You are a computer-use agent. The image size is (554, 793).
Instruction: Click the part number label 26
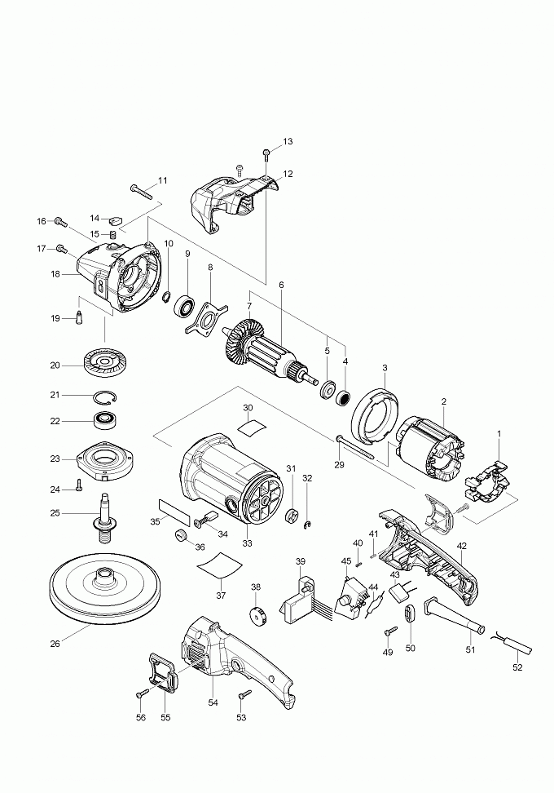[x=55, y=644]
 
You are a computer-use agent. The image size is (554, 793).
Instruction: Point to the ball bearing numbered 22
[x=103, y=422]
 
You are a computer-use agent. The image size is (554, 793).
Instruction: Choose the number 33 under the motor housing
[x=247, y=543]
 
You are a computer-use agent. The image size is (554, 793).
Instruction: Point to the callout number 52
[x=517, y=667]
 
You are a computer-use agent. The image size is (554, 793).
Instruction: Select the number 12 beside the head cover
[x=287, y=174]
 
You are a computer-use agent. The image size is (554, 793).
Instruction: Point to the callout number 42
[x=461, y=545]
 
